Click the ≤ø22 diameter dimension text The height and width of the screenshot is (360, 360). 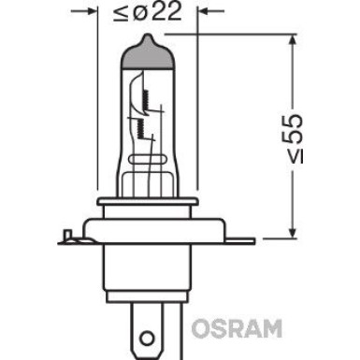click(152, 14)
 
